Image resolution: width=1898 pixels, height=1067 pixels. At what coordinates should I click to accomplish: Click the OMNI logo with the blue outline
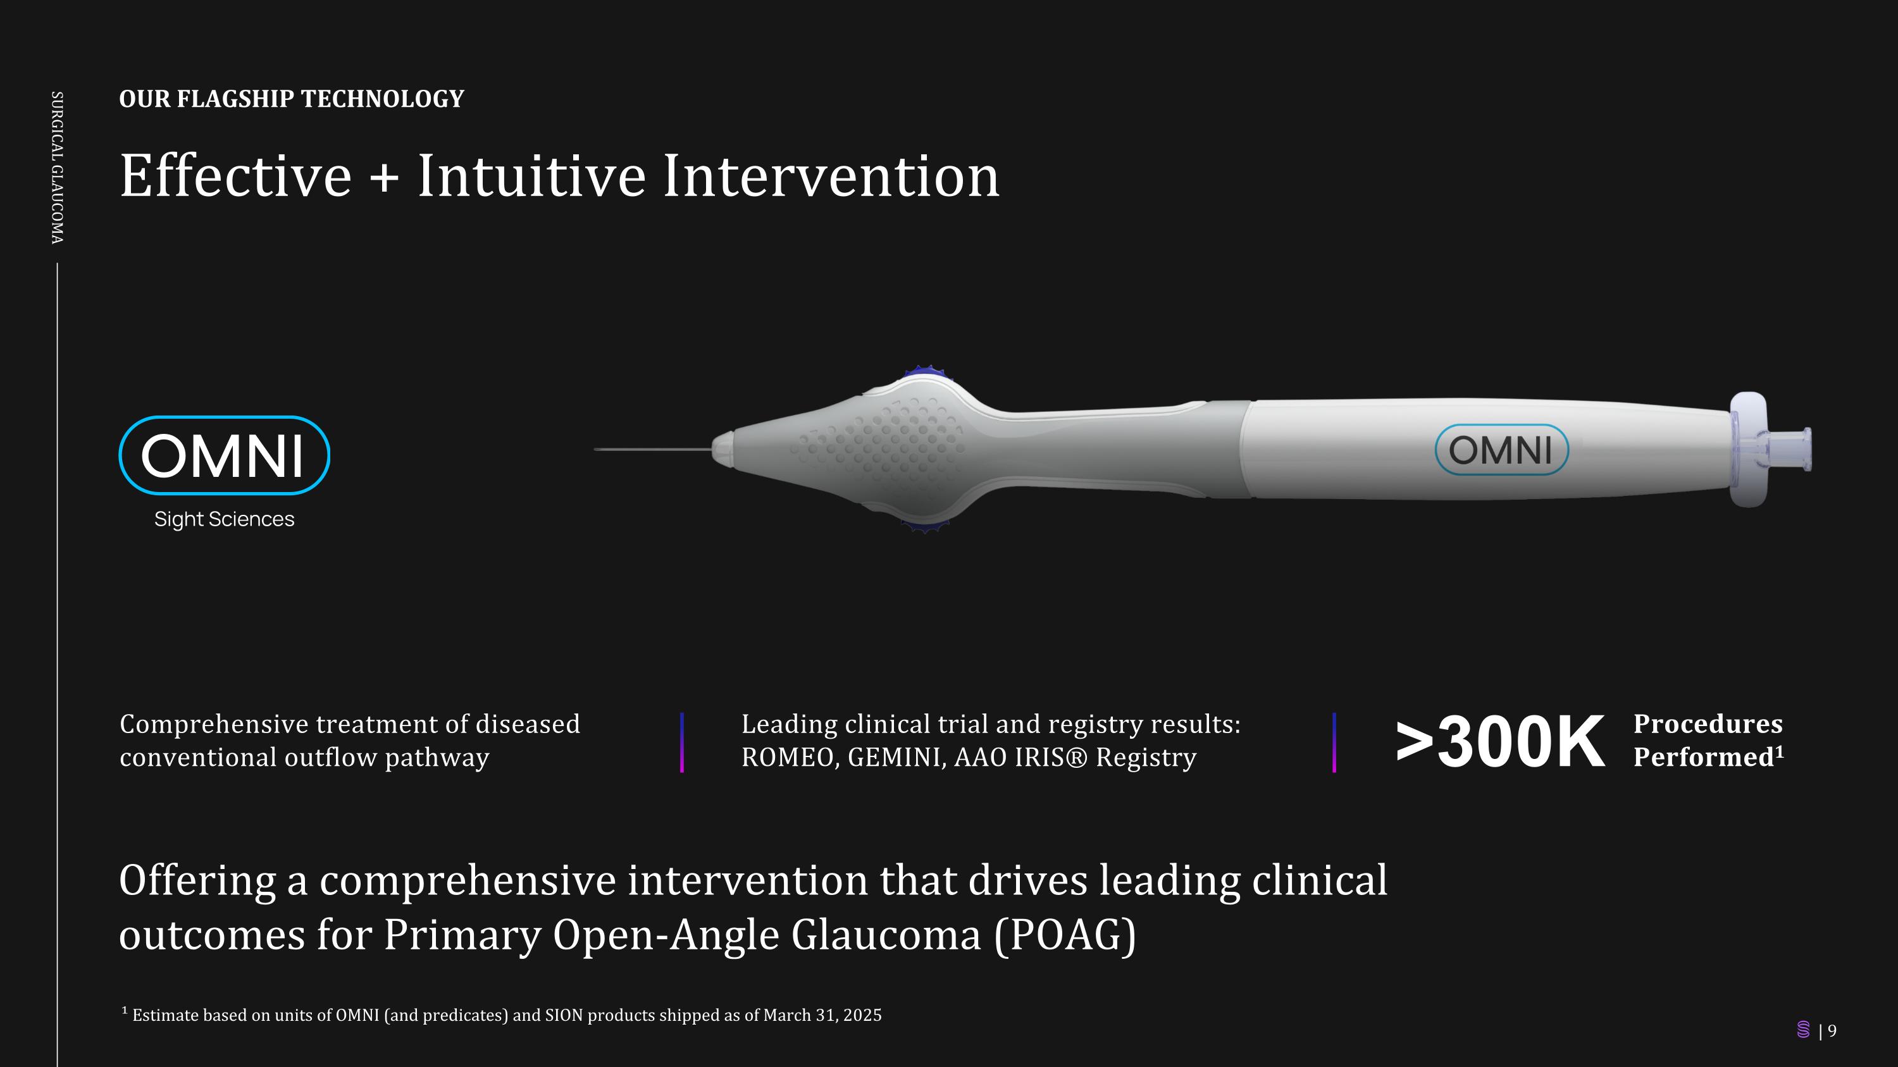point(224,455)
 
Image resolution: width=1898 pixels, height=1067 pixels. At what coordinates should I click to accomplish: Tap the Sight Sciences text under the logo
point(224,519)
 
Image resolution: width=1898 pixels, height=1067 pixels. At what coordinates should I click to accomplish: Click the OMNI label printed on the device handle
point(1501,450)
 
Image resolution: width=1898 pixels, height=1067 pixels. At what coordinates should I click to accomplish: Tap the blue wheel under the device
point(925,526)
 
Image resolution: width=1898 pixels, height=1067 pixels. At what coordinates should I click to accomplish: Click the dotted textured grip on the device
point(884,442)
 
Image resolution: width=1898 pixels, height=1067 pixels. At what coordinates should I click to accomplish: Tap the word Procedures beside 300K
point(1708,724)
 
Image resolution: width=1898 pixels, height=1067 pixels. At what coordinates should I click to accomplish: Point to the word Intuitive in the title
point(531,176)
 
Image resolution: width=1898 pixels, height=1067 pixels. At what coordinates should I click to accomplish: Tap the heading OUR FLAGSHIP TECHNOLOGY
point(292,99)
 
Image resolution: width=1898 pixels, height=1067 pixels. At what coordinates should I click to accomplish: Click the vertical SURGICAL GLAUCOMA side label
point(57,167)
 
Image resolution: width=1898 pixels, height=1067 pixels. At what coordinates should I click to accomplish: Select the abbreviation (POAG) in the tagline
point(1065,935)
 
